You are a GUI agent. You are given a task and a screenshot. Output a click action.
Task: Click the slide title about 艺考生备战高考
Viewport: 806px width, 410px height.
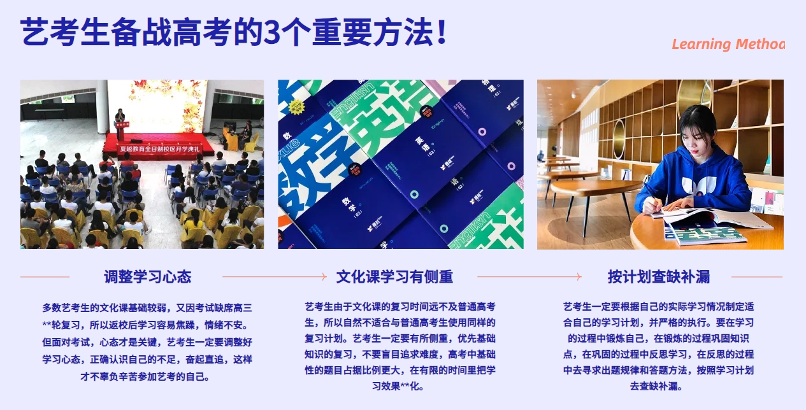click(x=233, y=32)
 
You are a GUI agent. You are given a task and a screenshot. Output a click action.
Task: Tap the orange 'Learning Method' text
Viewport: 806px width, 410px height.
click(x=728, y=44)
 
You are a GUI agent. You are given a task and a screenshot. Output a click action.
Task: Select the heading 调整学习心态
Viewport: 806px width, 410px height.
click(x=148, y=276)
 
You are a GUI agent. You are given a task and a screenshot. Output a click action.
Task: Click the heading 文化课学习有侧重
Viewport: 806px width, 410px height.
click(x=394, y=276)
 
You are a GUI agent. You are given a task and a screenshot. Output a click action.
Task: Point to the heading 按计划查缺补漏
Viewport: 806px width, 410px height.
click(x=658, y=276)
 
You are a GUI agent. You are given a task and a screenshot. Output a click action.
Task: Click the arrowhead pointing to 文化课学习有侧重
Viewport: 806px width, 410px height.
click(x=324, y=276)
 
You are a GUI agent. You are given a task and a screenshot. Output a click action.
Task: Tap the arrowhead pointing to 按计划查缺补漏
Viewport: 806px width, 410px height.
click(x=579, y=276)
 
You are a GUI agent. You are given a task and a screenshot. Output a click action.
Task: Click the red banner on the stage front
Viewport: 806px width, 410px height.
click(x=159, y=149)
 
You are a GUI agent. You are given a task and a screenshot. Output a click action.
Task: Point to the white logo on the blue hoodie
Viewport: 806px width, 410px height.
click(x=699, y=186)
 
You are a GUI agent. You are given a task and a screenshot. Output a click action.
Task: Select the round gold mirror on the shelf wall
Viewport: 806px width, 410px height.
click(x=619, y=139)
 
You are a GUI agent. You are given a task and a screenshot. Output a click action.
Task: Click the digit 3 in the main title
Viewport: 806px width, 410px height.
click(x=271, y=32)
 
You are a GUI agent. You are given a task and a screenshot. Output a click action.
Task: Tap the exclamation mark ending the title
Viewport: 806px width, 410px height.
click(x=442, y=32)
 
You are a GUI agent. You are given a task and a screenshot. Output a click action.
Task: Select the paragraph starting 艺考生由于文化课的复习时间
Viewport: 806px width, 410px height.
click(x=399, y=346)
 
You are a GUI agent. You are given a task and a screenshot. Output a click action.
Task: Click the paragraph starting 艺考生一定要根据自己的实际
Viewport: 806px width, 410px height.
click(x=658, y=346)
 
